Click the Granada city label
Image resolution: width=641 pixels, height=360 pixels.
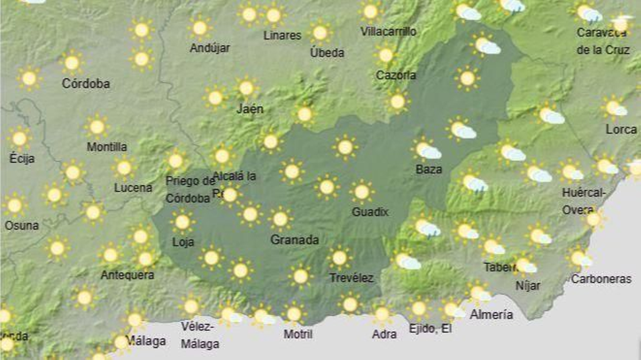(294, 240)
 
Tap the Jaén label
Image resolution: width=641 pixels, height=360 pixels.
(250, 109)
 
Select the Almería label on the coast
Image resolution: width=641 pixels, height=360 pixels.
(491, 315)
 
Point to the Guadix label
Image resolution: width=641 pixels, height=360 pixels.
(370, 212)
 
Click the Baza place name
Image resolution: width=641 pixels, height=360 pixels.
(429, 169)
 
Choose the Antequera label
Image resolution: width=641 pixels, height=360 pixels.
(127, 275)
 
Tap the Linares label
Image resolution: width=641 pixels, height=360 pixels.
(282, 35)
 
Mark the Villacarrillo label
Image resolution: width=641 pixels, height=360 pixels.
(388, 31)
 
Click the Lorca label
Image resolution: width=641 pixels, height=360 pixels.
(621, 129)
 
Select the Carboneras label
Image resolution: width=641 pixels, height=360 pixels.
(601, 279)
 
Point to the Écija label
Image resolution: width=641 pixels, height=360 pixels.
(22, 158)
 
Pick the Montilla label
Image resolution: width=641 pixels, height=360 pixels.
(107, 147)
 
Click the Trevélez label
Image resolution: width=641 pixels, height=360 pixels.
(351, 278)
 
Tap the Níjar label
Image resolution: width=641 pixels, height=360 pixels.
(528, 285)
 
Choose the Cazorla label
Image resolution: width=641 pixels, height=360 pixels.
(396, 75)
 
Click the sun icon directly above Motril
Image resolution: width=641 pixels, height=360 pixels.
(294, 314)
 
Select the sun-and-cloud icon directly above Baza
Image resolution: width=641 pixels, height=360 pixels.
(426, 150)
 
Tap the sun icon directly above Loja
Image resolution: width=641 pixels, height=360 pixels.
(182, 222)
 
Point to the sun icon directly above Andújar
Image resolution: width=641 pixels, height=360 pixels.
(200, 28)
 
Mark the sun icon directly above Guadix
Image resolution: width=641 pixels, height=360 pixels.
(362, 192)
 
